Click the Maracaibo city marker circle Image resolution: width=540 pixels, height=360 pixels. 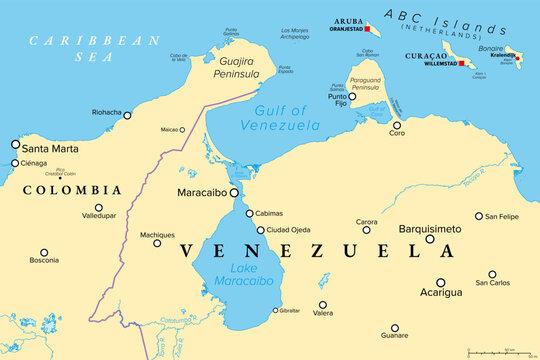[233, 193]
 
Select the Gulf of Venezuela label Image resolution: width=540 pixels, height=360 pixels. [286, 118]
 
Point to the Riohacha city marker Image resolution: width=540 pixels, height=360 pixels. [127, 115]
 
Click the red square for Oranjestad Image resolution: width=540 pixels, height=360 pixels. [366, 29]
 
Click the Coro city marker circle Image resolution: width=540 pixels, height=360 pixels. [397, 122]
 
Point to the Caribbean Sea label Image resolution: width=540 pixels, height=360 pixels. [95, 49]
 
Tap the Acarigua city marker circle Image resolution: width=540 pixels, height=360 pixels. [440, 283]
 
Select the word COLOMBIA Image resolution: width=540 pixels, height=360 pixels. [72, 189]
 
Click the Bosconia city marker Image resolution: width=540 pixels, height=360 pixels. [43, 252]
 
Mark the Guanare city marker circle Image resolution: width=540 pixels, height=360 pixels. [395, 327]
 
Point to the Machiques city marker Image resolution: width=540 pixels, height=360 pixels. [157, 243]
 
